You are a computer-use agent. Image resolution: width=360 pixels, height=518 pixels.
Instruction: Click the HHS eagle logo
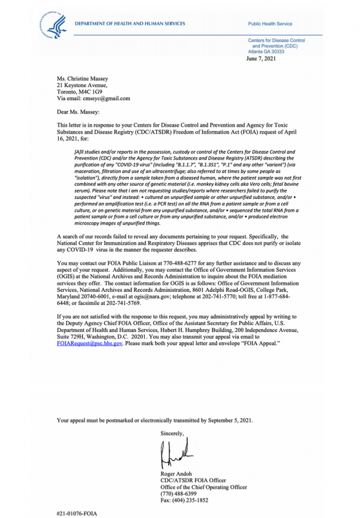pyautogui.click(x=55, y=25)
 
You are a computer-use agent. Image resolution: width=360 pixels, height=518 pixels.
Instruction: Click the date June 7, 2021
pyautogui.click(x=261, y=59)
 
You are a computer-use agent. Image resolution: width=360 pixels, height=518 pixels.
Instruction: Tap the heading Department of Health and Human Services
pyautogui.click(x=130, y=24)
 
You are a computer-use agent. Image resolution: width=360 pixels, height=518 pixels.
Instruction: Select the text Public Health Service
pyautogui.click(x=270, y=24)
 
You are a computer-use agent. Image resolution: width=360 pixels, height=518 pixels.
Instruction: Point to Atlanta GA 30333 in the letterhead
pyautogui.click(x=266, y=52)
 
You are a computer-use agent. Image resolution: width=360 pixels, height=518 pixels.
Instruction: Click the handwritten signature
pyautogui.click(x=174, y=452)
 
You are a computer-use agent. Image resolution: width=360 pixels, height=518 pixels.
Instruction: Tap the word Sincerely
pyautogui.click(x=173, y=433)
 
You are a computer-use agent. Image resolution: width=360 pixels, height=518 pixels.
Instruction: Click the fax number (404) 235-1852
pyautogui.click(x=189, y=500)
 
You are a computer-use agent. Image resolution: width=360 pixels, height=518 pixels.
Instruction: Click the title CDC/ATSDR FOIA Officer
pyautogui.click(x=193, y=480)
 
